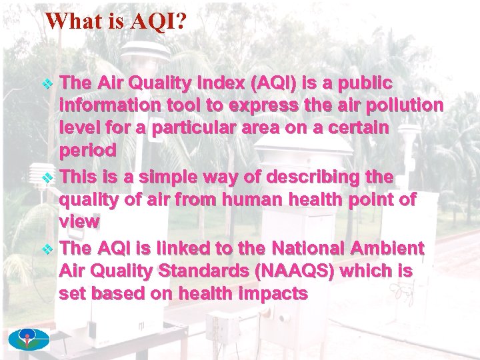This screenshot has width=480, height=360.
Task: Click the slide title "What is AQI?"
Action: [116, 21]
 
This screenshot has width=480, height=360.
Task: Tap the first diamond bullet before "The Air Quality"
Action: [48, 84]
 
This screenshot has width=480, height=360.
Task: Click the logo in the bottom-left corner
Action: [29, 340]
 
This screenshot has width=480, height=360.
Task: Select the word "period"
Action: [87, 150]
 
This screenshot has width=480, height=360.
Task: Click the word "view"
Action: [79, 221]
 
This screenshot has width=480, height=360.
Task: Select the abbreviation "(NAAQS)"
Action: [299, 271]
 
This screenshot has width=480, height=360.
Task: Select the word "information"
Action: [108, 105]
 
